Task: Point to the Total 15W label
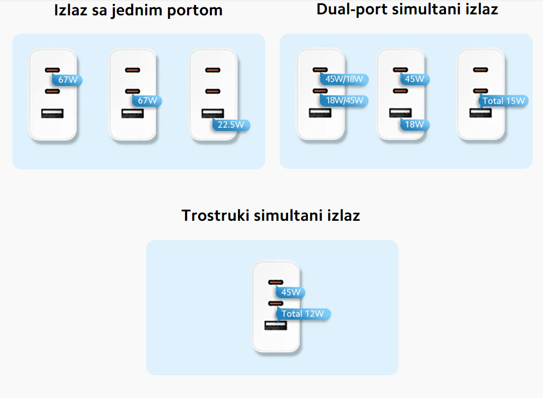tap(503, 101)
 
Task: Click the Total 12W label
tap(302, 314)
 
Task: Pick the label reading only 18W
tap(414, 124)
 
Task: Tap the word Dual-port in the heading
tap(350, 8)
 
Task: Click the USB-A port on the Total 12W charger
tap(276, 326)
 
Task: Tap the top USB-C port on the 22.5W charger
tap(213, 70)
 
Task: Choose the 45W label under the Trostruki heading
tap(291, 292)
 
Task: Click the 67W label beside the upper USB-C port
tap(67, 80)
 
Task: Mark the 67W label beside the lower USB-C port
tap(147, 100)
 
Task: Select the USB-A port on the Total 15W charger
tap(480, 113)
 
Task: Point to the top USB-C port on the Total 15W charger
tap(480, 70)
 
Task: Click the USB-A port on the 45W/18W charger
tap(320, 113)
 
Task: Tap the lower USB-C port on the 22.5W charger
tap(213, 91)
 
